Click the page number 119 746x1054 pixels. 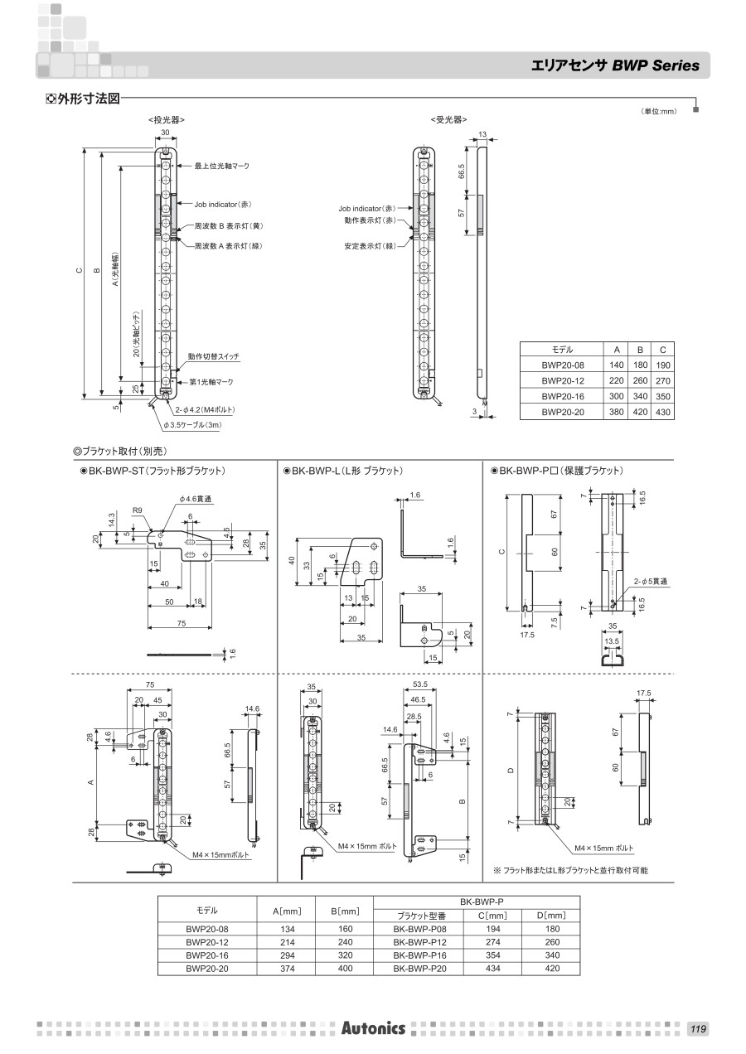(697, 1029)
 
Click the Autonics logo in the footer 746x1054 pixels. (373, 1028)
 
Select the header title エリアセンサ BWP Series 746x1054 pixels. (615, 65)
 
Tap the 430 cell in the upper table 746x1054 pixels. (663, 412)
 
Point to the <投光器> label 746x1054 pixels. (166, 121)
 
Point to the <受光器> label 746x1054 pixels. (448, 121)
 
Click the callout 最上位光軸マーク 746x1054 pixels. (222, 167)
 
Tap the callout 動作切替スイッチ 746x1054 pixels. (213, 356)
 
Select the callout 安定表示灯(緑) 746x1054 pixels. (370, 246)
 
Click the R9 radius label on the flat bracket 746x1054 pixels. (138, 511)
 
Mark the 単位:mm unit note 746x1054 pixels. (659, 112)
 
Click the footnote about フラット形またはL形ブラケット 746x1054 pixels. (570, 870)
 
